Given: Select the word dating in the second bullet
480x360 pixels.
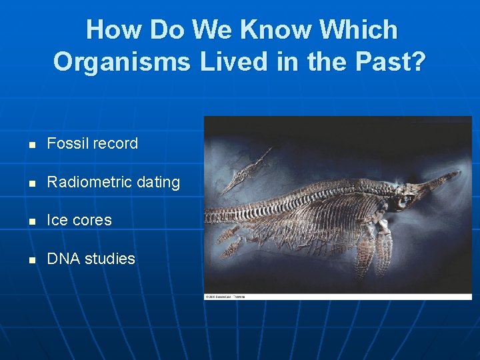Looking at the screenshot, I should click(x=158, y=182).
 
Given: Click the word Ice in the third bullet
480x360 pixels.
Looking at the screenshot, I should click(x=57, y=220).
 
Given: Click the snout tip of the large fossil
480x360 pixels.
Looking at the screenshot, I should click(x=459, y=173).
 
